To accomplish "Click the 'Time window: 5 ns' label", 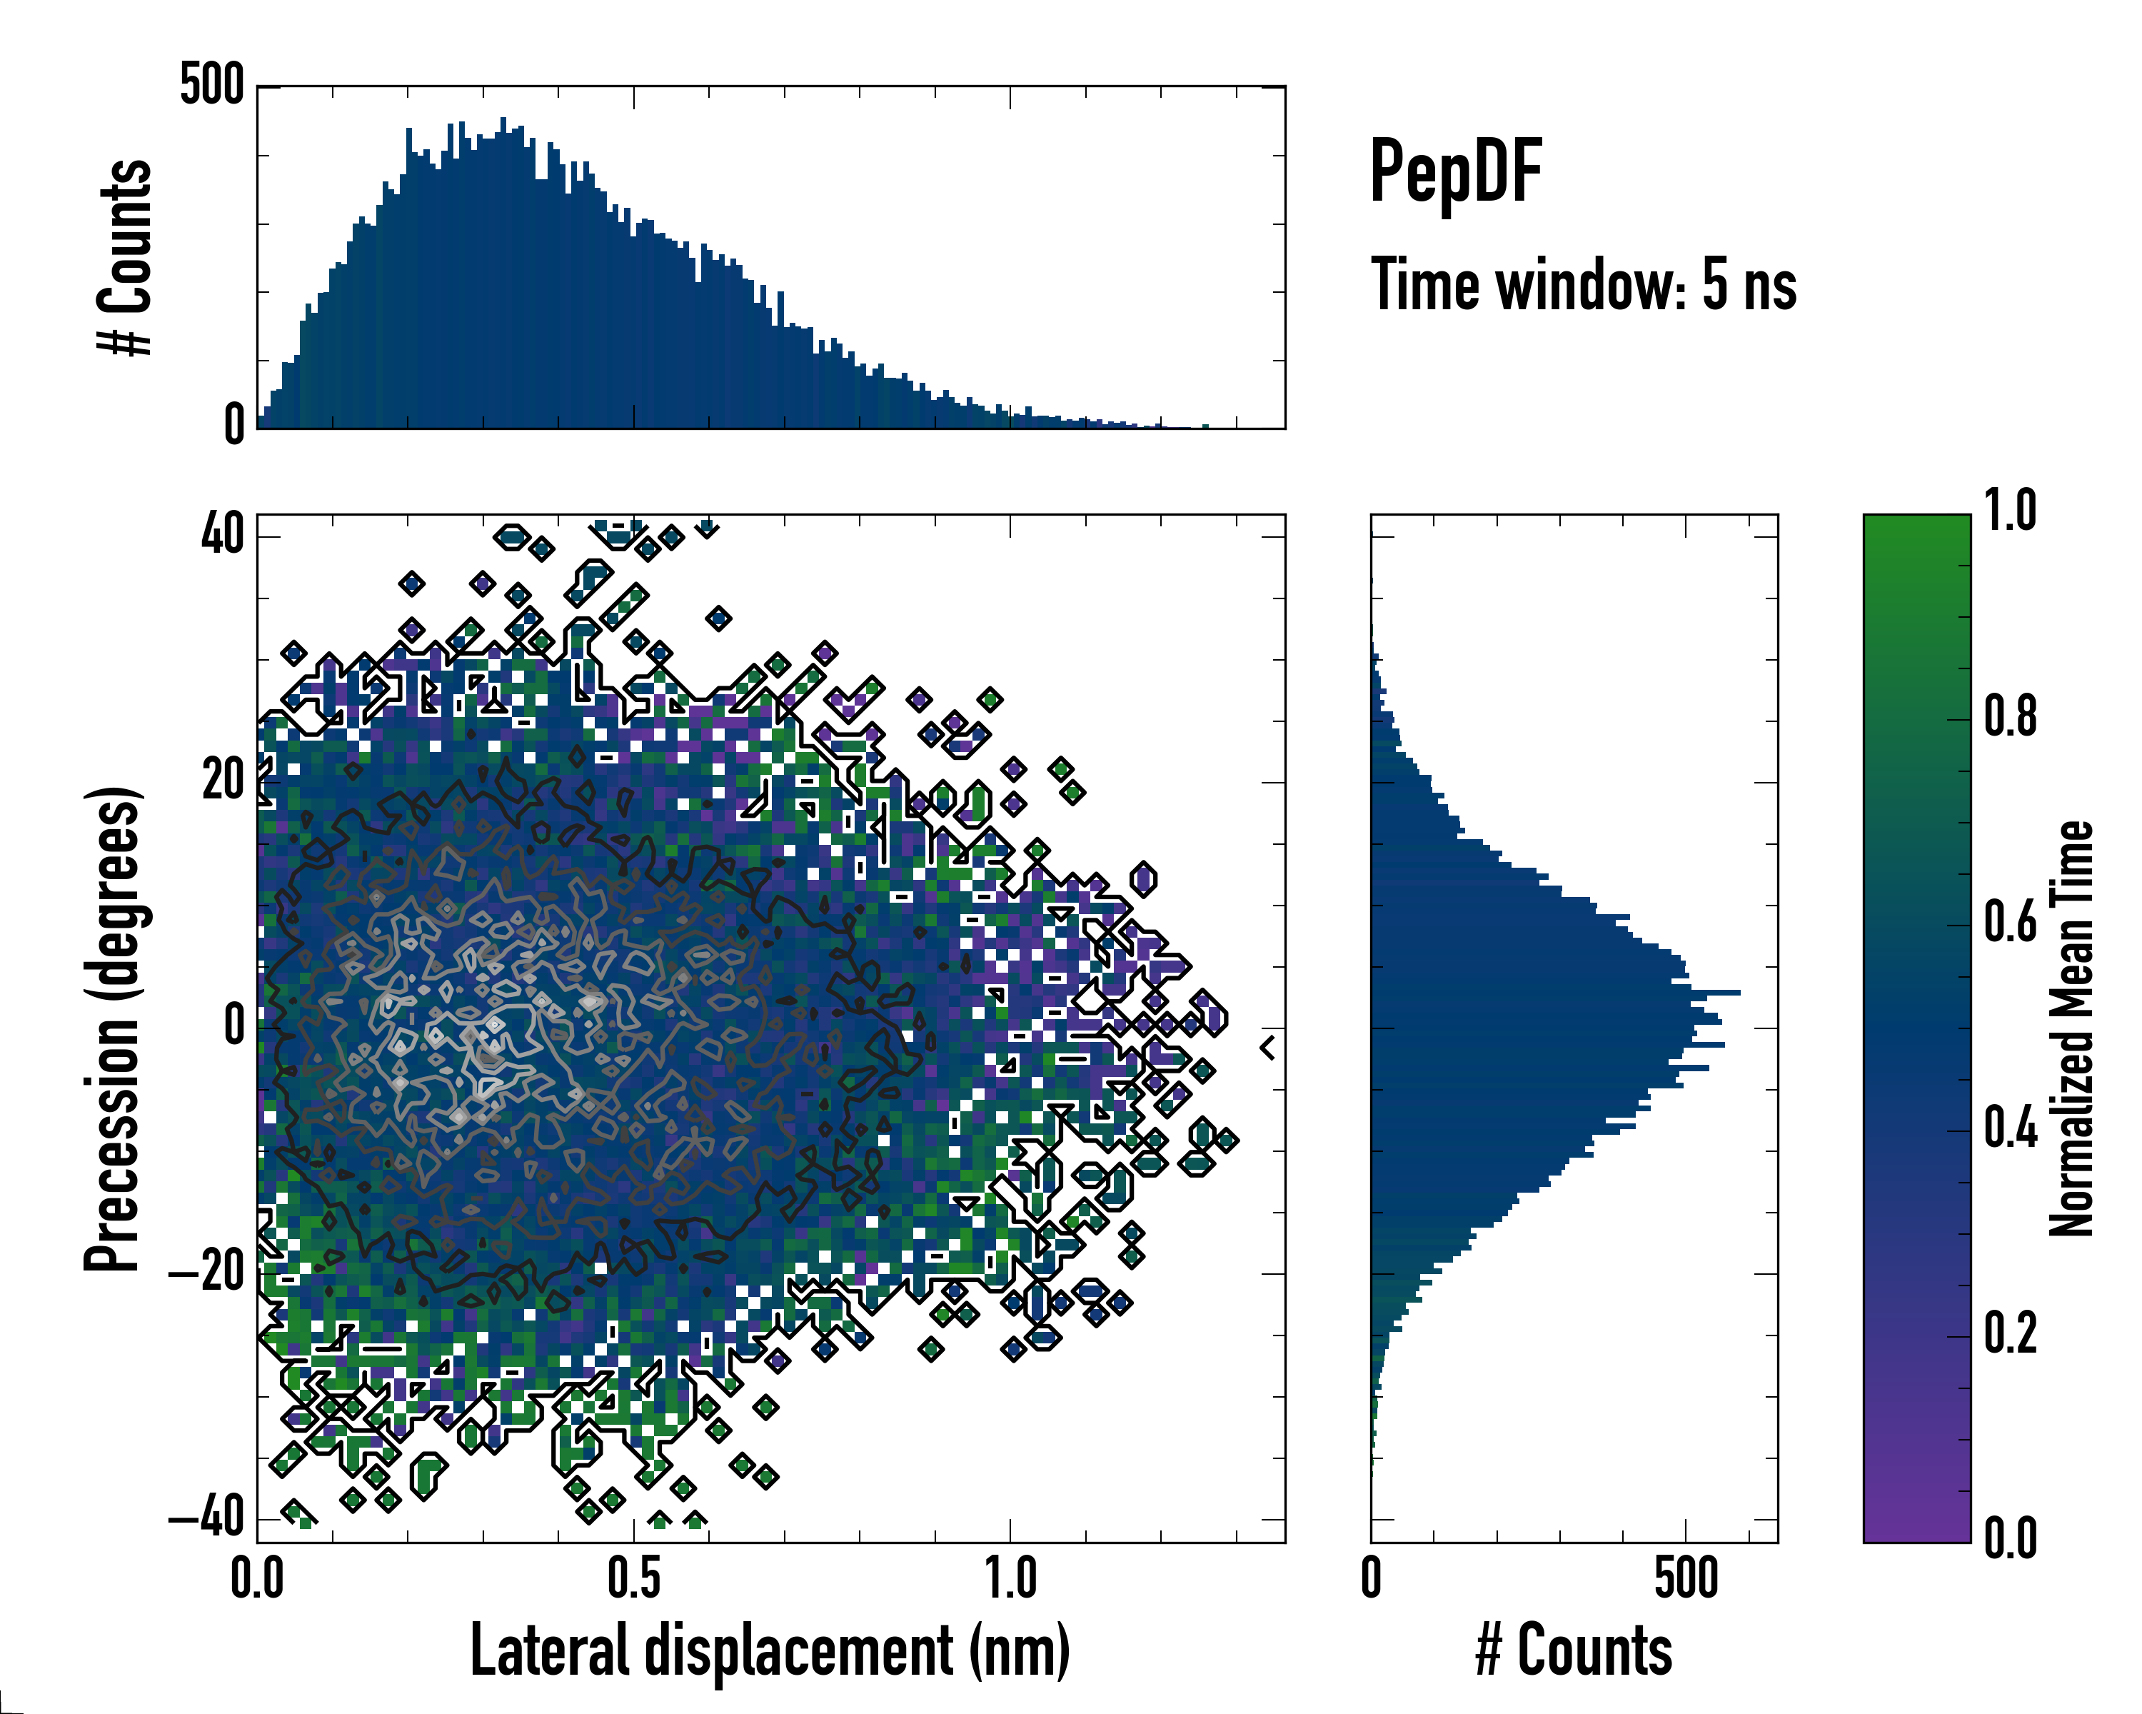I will tap(1583, 285).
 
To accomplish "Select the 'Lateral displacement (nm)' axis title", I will tap(770, 1650).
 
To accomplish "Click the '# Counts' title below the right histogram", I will tap(1574, 1650).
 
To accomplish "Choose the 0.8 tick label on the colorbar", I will tap(2010, 718).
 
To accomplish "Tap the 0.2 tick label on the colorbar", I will tap(2010, 1333).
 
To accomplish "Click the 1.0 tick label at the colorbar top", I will tap(2010, 512).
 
